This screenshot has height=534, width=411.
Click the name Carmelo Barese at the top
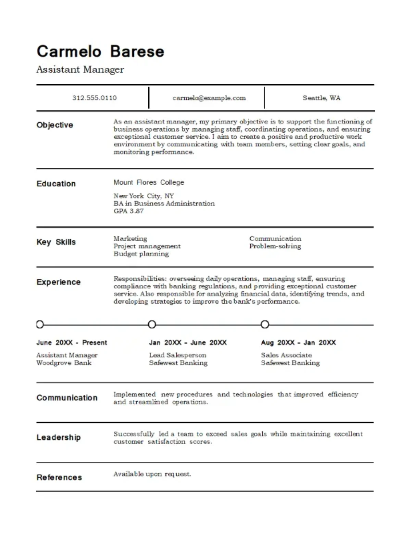click(100, 51)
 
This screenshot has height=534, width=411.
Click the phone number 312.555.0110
click(94, 98)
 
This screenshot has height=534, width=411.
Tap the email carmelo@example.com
click(209, 98)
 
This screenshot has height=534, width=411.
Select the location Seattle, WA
click(321, 98)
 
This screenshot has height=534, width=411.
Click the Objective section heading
click(55, 125)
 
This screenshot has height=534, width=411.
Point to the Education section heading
click(56, 184)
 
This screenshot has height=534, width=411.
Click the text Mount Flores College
click(149, 182)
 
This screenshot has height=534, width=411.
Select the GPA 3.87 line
click(128, 211)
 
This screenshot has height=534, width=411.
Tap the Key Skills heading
click(56, 242)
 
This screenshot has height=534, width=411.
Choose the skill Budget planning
click(141, 254)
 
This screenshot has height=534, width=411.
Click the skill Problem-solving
click(275, 246)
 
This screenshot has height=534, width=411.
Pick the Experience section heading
click(59, 282)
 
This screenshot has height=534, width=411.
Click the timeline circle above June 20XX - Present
click(40, 324)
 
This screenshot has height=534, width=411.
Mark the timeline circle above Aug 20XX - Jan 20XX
click(265, 324)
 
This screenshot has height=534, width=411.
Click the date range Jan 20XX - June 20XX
click(188, 343)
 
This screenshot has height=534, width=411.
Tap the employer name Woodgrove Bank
click(64, 363)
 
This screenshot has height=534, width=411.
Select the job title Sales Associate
click(286, 355)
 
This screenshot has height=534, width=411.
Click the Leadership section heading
click(59, 438)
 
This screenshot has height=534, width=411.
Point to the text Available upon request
click(152, 474)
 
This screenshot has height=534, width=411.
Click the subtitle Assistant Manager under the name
click(80, 70)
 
